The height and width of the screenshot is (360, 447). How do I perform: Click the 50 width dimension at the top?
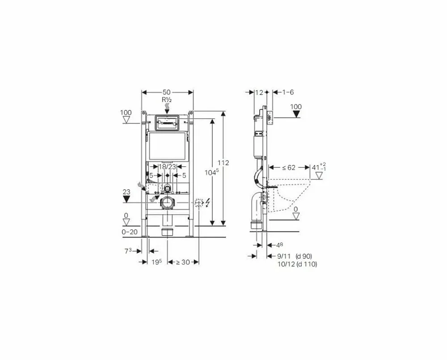[x=166, y=92]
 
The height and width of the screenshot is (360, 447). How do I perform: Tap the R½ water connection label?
[x=167, y=100]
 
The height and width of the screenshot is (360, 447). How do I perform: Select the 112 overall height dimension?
[x=223, y=163]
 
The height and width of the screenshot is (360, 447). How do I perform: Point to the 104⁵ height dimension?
[x=212, y=172]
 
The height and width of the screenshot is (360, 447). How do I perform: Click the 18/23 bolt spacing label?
[x=167, y=167]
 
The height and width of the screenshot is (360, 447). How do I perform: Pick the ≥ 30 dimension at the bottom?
[x=183, y=262]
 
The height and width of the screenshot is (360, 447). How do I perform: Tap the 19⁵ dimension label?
[x=156, y=262]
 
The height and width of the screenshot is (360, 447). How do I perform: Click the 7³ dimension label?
[x=128, y=251]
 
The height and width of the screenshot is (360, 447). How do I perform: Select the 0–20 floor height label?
[x=130, y=232]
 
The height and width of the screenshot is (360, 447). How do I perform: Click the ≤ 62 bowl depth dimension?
[x=289, y=167]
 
